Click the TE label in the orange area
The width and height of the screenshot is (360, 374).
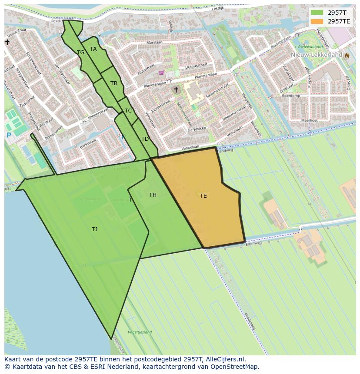pyautogui.click(x=203, y=196)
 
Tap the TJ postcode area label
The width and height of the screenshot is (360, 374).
pyautogui.click(x=94, y=229)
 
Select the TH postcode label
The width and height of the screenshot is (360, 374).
pyautogui.click(x=153, y=195)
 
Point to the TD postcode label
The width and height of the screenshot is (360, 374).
pyautogui.click(x=145, y=139)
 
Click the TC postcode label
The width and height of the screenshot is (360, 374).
pyautogui.click(x=128, y=111)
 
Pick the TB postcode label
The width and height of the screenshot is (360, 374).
pyautogui.click(x=114, y=83)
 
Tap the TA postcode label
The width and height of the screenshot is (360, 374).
pyautogui.click(x=93, y=49)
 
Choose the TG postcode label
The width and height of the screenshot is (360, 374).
pyautogui.click(x=80, y=53)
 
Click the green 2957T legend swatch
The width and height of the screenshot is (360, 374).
pyautogui.click(x=317, y=13)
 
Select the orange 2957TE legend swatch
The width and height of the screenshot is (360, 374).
pyautogui.click(x=317, y=21)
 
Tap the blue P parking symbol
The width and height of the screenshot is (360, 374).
pyautogui.click(x=9, y=136)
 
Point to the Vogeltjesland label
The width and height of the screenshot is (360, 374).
pyautogui.click(x=140, y=332)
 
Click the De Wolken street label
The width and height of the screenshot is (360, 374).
pyautogui.click(x=197, y=129)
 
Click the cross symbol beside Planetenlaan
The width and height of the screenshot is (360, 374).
pyautogui.click(x=176, y=90)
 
